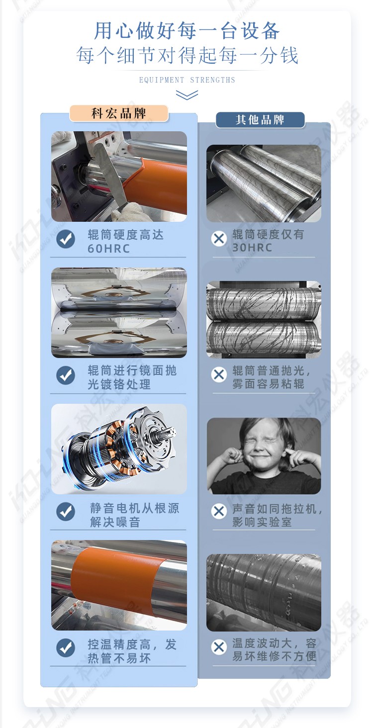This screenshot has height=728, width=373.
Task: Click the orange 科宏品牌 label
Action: click(x=119, y=113)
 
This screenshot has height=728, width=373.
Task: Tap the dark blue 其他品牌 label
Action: click(x=260, y=120)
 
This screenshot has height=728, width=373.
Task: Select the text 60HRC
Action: click(x=109, y=249)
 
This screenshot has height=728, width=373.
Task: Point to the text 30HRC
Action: click(x=252, y=248)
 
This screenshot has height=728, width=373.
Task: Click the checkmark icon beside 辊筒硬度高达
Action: click(x=66, y=239)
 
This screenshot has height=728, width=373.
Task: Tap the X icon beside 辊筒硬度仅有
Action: click(x=219, y=239)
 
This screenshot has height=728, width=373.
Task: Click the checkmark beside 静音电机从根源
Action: click(x=66, y=512)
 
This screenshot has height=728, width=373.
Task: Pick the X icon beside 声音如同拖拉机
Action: click(x=219, y=511)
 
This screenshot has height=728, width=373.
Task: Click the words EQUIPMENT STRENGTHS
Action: click(x=187, y=80)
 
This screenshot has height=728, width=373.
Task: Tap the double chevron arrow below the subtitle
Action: click(x=187, y=95)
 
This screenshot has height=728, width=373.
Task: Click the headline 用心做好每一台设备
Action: click(x=187, y=31)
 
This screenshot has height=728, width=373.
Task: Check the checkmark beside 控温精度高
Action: click(x=66, y=648)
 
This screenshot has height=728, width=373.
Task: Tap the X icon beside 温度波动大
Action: click(x=219, y=647)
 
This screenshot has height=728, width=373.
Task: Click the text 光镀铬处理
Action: click(x=119, y=384)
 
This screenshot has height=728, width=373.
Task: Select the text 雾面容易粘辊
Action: click(x=269, y=384)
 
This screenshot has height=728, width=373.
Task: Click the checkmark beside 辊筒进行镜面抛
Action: click(x=66, y=375)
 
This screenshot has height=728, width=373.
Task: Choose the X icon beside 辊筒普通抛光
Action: click(x=219, y=375)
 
